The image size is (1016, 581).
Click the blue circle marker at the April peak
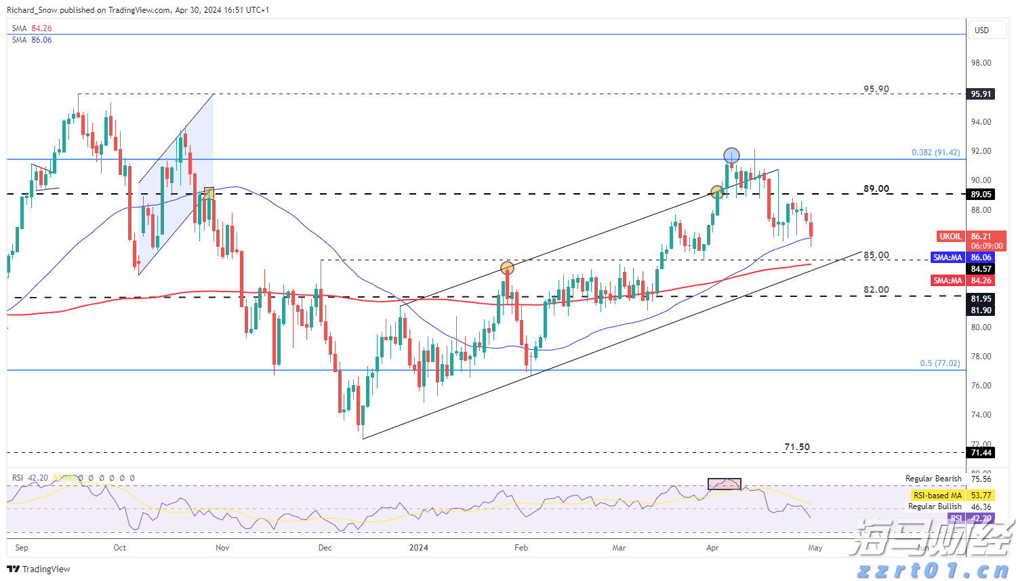pyautogui.click(x=731, y=155)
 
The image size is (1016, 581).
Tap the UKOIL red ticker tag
pyautogui.click(x=950, y=237)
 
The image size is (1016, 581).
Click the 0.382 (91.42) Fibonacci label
pyautogui.click(x=935, y=153)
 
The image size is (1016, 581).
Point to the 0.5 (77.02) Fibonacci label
pyautogui.click(x=939, y=363)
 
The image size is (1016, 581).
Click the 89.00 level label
pyautogui.click(x=876, y=189)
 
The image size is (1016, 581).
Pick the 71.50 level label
pyautogui.click(x=796, y=447)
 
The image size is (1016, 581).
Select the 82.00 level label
pyautogui.click(x=876, y=290)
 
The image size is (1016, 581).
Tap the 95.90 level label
pyautogui.click(x=876, y=89)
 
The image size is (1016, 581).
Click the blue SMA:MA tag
pyautogui.click(x=948, y=258)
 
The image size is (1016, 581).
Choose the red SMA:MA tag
pyautogui.click(x=948, y=281)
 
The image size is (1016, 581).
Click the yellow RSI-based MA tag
pyautogui.click(x=937, y=496)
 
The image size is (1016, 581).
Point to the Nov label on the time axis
pyautogui.click(x=222, y=548)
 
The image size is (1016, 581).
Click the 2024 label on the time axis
pyautogui.click(x=419, y=548)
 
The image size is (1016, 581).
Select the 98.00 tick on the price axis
pyautogui.click(x=981, y=63)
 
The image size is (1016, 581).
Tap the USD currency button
pyautogui.click(x=981, y=31)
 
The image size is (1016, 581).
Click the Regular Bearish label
pyautogui.click(x=933, y=479)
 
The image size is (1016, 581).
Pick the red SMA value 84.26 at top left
pyautogui.click(x=41, y=28)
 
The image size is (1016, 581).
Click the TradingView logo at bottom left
pyautogui.click(x=39, y=569)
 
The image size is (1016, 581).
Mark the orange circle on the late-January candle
pyautogui.click(x=507, y=268)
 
